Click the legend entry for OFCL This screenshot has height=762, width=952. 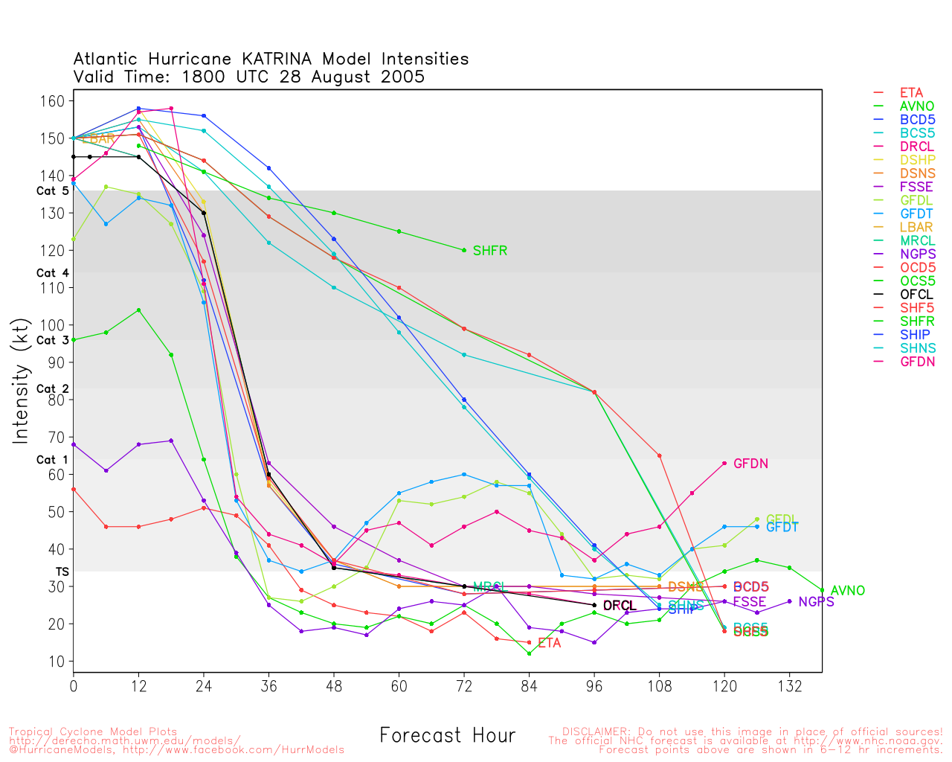coord(916,295)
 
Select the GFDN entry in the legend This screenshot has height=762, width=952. coord(917,362)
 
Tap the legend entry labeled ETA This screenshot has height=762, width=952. coord(911,93)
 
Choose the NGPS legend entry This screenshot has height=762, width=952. coord(918,254)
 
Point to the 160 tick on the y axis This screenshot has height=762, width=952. coord(56,101)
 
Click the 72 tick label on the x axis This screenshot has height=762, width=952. coord(464,686)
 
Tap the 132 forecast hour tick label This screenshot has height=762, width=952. coord(789,686)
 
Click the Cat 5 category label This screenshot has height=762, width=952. coord(52,191)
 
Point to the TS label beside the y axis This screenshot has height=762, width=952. coord(62,571)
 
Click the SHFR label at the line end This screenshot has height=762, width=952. coord(489,251)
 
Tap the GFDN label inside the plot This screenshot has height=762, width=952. coord(750,464)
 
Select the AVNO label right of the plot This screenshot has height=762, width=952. coord(848,591)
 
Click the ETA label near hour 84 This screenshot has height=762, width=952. coord(549,643)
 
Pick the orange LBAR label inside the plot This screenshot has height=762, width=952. coord(97,139)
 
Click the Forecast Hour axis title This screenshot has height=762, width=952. coord(447,736)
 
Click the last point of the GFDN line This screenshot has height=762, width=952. coord(724,463)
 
